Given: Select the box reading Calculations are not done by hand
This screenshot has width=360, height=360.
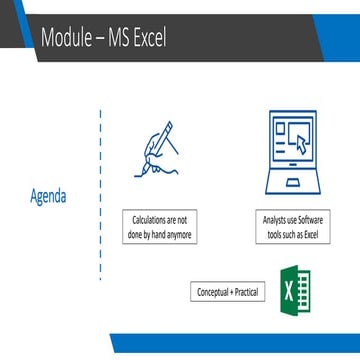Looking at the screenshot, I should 160,227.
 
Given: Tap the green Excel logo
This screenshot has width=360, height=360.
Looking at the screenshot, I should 296,291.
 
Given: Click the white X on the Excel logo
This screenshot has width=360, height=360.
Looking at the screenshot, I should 287,292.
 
